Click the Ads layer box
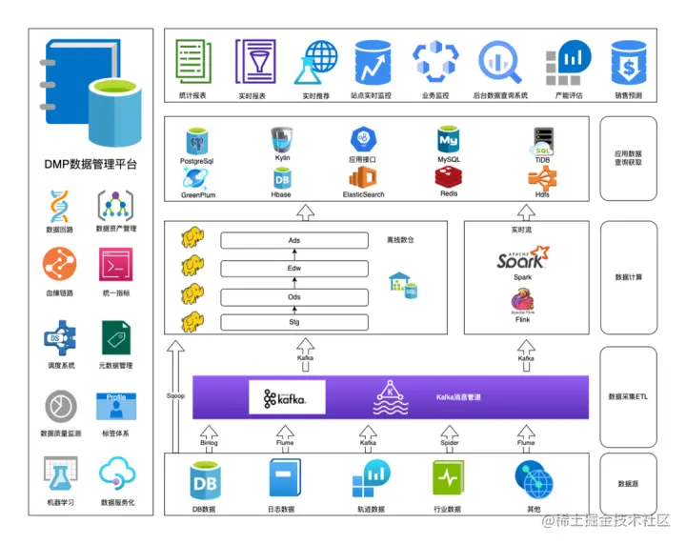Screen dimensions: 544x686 [x=294, y=240]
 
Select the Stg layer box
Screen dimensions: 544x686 [x=294, y=323]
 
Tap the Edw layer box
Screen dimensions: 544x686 [x=294, y=268]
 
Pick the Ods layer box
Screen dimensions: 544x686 [x=294, y=296]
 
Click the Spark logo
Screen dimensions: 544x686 [x=523, y=257]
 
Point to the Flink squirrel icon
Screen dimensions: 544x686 [x=523, y=301]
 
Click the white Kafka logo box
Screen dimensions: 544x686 [x=287, y=397]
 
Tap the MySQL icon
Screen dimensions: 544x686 [x=449, y=141]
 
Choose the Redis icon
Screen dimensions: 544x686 [x=449, y=176]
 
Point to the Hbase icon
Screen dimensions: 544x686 [x=282, y=177]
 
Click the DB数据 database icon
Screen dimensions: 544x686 [x=203, y=479]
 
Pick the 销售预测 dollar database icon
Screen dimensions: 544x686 [x=628, y=63]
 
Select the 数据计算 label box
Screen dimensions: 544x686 [x=629, y=277]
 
